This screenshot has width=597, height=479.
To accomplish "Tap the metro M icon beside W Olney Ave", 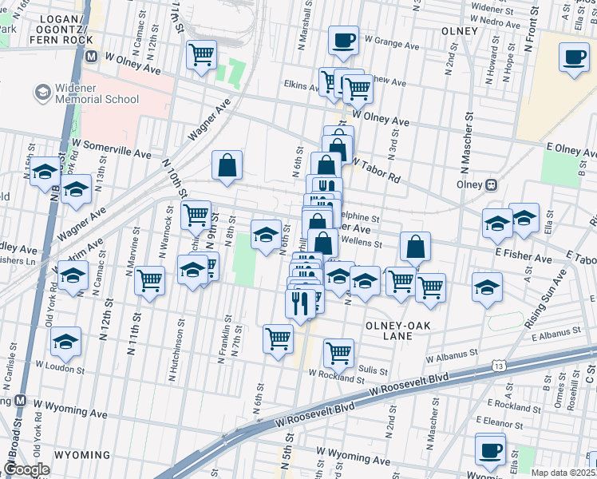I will tap(92, 57).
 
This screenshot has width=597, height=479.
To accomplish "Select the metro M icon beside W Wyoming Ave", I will tap(21, 400).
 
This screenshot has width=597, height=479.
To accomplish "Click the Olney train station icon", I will tap(492, 184).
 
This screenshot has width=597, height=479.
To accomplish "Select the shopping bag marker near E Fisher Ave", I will tap(416, 247).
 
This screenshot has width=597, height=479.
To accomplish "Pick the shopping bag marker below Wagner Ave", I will tap(227, 165).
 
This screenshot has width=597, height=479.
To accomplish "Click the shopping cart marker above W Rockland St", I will tap(339, 354).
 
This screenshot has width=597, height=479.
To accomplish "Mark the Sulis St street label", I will tap(373, 370).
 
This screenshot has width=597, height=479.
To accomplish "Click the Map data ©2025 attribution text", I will tap(563, 473).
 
